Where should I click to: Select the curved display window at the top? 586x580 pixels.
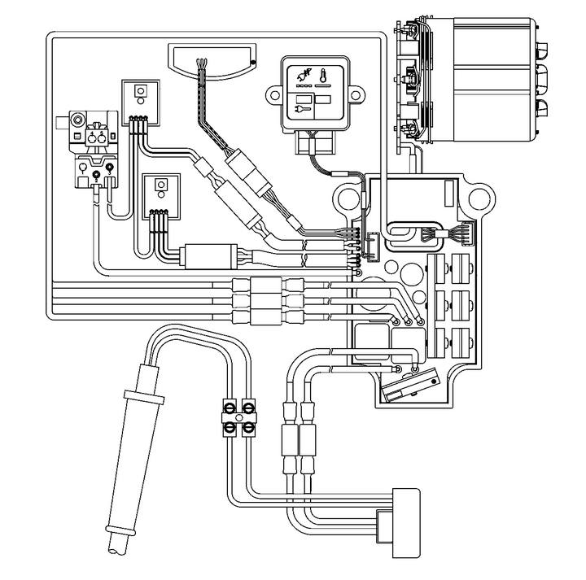click(211, 59)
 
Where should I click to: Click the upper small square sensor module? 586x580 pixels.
click(140, 98)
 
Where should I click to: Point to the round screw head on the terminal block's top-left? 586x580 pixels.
click(77, 120)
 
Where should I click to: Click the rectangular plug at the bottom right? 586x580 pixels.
click(406, 521)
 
